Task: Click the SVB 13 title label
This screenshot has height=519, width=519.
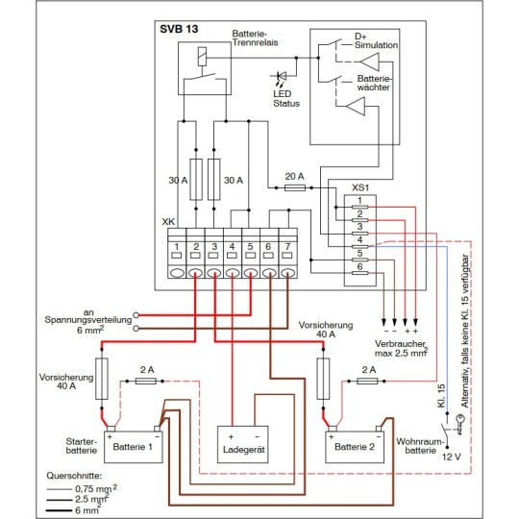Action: (179, 29)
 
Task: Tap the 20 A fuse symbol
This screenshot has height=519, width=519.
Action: (295, 188)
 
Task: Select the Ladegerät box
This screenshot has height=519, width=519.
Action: (242, 444)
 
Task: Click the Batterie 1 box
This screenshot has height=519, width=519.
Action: (134, 447)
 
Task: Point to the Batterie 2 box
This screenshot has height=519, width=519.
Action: (355, 447)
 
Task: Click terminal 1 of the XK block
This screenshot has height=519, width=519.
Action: (177, 253)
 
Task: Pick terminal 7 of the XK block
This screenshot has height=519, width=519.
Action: (287, 253)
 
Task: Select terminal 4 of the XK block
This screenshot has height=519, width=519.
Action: (233, 253)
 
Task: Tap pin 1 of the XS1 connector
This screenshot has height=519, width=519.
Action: (359, 208)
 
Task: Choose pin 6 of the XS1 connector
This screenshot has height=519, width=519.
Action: (359, 273)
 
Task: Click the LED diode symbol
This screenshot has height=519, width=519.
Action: (282, 76)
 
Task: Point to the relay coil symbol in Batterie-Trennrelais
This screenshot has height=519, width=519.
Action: (202, 56)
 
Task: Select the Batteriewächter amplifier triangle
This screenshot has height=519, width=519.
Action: (356, 107)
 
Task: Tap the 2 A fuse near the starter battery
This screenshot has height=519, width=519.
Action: (146, 382)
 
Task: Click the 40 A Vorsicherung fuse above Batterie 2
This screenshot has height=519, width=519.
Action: (323, 379)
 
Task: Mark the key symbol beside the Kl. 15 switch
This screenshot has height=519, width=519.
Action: (458, 425)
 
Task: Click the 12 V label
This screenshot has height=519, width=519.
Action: (452, 457)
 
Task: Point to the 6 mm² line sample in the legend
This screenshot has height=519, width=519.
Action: (59, 510)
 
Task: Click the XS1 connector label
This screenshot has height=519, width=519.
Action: (360, 187)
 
